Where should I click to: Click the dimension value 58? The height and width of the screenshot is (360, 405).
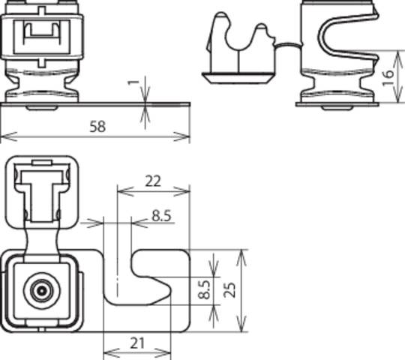tap(95, 127)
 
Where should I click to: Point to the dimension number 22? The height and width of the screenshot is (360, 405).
tap(152, 181)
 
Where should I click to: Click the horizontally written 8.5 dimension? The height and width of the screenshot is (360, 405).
tap(161, 216)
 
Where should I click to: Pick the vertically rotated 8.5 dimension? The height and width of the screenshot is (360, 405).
tap(203, 290)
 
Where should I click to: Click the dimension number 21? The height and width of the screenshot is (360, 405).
tap(136, 343)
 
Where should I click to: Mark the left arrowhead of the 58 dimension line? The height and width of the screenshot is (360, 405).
tap(4, 137)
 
